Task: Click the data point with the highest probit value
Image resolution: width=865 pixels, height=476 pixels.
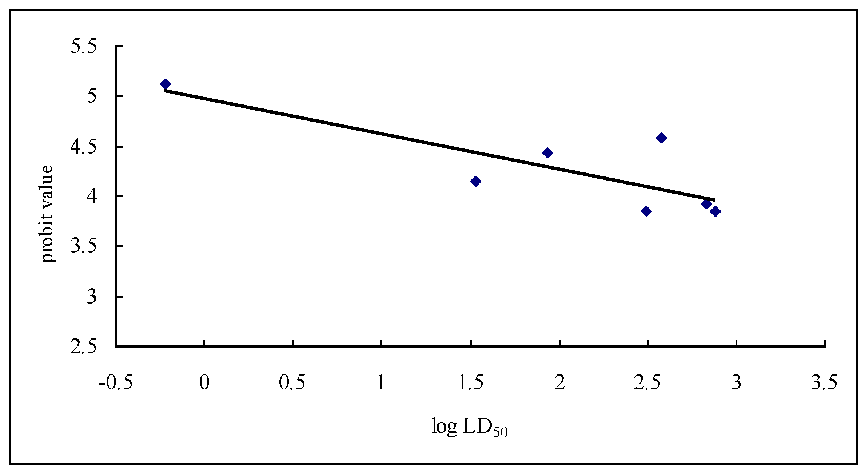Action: pyautogui.click(x=165, y=84)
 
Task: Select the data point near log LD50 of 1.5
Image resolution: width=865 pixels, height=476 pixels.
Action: pyautogui.click(x=475, y=181)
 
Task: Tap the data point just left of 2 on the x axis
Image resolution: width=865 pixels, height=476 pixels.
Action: pyautogui.click(x=547, y=153)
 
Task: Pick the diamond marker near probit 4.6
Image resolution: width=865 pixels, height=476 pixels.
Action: pyautogui.click(x=661, y=138)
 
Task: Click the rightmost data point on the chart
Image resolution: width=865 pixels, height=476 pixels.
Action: pyautogui.click(x=715, y=211)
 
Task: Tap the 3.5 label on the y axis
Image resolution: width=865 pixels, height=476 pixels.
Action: pyautogui.click(x=84, y=246)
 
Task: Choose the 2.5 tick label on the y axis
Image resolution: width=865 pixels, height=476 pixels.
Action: pyautogui.click(x=84, y=346)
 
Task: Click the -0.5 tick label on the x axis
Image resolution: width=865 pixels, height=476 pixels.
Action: pyautogui.click(x=116, y=382)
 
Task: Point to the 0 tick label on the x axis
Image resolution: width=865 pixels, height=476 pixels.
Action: pyautogui.click(x=204, y=382)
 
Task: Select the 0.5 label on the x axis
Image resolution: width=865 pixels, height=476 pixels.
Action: pyautogui.click(x=292, y=382)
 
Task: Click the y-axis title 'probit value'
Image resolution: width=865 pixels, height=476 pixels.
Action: pyautogui.click(x=47, y=214)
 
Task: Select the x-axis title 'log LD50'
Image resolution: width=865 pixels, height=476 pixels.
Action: pyautogui.click(x=469, y=427)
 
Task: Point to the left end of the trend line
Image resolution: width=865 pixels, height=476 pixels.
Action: pyautogui.click(x=165, y=91)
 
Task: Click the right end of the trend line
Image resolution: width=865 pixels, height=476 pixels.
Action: pyautogui.click(x=715, y=200)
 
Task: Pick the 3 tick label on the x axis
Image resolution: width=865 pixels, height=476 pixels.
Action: pyautogui.click(x=737, y=382)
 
